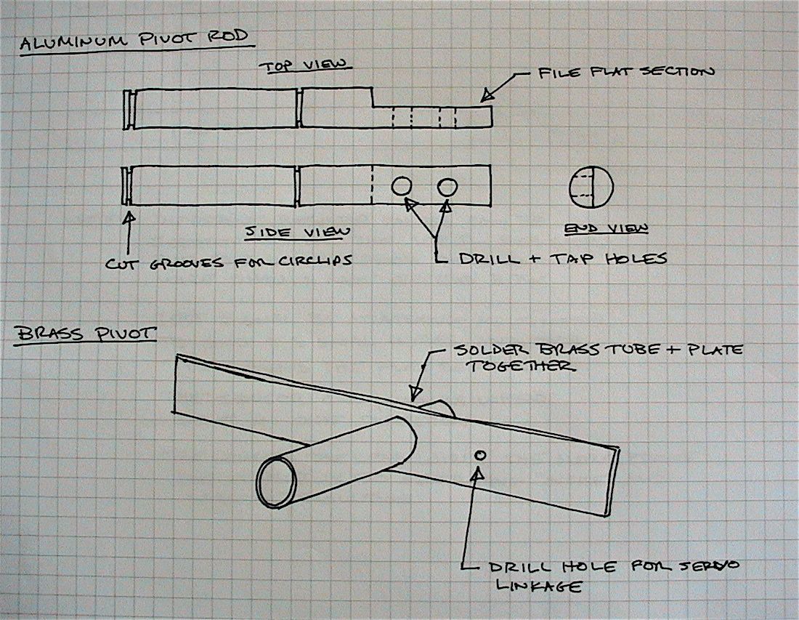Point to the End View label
[x=606, y=229]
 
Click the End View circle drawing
[x=591, y=187]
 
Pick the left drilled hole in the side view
[x=402, y=187]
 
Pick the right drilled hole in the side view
[x=447, y=187]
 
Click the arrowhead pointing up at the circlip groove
[x=129, y=215]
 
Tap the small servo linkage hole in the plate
[x=479, y=455]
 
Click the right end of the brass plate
[x=612, y=480]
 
